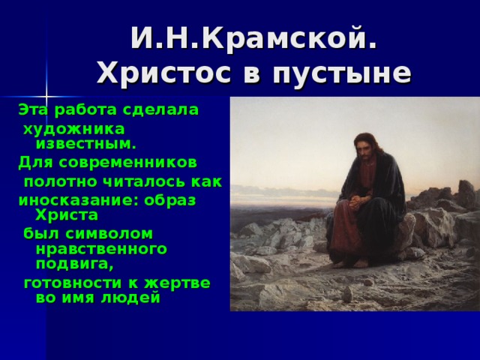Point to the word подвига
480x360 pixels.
click(74, 264)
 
